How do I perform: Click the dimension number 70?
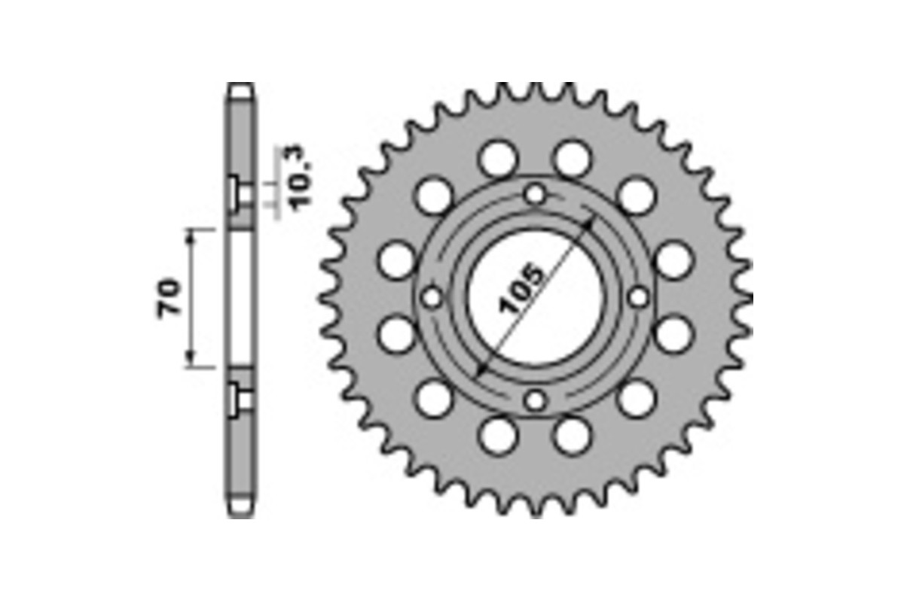[x=169, y=298]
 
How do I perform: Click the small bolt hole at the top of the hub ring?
[x=536, y=194]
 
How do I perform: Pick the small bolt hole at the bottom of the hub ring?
[x=536, y=400]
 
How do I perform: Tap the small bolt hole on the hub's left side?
[x=432, y=298]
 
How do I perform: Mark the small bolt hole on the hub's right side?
[x=638, y=297]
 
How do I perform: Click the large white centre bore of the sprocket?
[x=536, y=298]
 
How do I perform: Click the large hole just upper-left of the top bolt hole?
[x=498, y=160]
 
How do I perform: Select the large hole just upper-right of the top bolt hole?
[x=572, y=160]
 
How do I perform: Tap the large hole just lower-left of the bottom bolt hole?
[x=498, y=436]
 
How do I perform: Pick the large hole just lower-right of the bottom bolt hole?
[x=572, y=436]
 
